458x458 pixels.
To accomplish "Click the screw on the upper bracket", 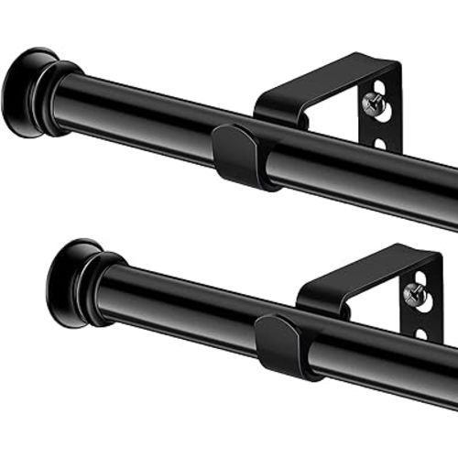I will tap(375, 104).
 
